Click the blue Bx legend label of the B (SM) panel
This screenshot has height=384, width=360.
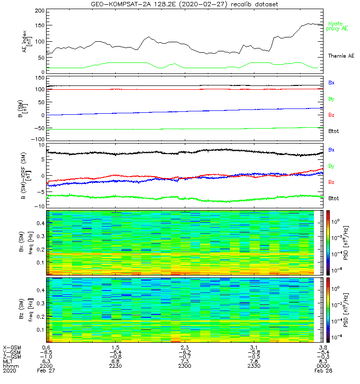pyautogui.click(x=331, y=83)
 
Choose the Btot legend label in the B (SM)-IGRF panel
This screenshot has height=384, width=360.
pyautogui.click(x=333, y=198)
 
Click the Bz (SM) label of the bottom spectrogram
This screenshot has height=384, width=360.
pyautogui.click(x=24, y=310)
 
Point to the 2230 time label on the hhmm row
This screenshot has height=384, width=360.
pyautogui.click(x=116, y=366)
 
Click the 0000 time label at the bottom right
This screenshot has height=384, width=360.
pyautogui.click(x=323, y=366)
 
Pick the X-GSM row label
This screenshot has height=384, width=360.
pyautogui.click(x=11, y=347)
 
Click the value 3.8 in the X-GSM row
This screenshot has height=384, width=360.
pyautogui.click(x=323, y=347)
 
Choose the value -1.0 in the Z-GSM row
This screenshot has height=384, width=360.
pyautogui.click(x=47, y=357)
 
